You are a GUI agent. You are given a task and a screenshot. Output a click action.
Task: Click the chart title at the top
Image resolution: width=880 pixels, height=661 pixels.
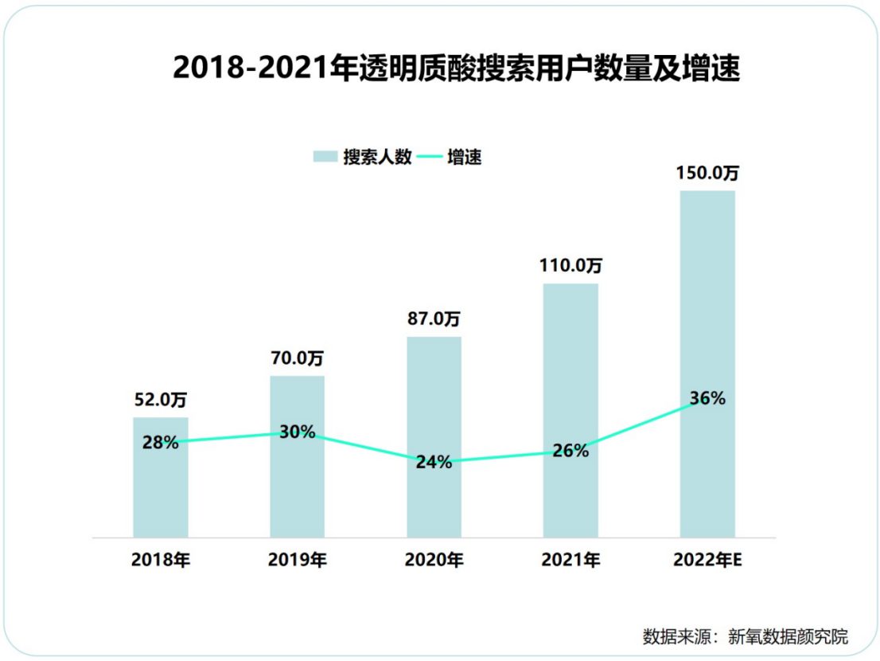point(456,68)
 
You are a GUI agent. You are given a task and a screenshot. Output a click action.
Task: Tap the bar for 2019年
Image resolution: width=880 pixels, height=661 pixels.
point(297,486)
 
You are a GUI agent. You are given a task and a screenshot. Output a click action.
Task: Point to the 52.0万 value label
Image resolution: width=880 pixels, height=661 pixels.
point(160,401)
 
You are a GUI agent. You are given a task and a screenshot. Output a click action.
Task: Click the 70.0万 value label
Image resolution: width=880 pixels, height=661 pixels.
point(297,358)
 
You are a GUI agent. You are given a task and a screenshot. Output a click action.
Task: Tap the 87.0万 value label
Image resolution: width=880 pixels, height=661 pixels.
point(434,319)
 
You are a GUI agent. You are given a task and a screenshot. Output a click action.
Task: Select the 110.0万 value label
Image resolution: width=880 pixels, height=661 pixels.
point(570,266)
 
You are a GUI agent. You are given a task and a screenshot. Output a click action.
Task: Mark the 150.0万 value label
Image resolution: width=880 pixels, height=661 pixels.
point(707,173)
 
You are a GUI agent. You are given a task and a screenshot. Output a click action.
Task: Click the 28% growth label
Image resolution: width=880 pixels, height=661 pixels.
point(160,442)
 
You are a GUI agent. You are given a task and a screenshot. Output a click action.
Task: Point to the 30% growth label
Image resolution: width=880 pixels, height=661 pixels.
point(297,432)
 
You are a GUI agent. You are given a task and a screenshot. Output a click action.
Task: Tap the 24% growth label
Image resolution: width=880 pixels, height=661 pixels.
point(434,462)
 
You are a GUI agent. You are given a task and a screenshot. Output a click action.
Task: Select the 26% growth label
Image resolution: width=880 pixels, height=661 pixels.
point(570,451)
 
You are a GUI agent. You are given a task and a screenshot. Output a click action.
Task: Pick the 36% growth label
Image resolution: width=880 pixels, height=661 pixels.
point(707,398)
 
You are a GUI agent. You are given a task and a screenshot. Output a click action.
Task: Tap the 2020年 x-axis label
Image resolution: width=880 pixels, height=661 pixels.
point(434,560)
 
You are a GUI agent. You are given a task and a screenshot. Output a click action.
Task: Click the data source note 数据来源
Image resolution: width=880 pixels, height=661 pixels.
point(746,636)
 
